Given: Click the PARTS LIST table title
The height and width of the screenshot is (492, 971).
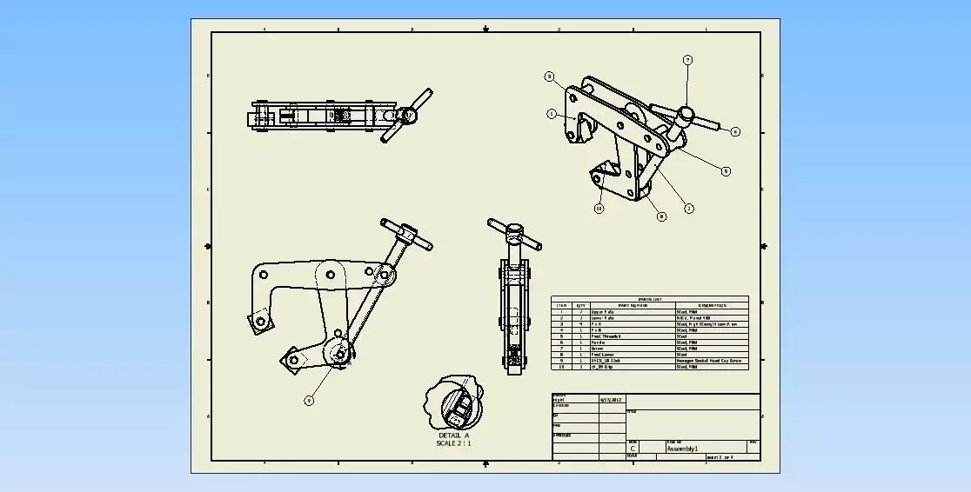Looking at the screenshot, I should click(x=649, y=298).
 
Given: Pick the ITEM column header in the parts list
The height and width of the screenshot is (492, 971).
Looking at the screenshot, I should click(x=561, y=305).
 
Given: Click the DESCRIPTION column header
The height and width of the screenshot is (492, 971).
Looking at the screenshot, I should click(x=711, y=305).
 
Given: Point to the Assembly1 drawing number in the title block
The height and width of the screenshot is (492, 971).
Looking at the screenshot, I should click(x=683, y=449).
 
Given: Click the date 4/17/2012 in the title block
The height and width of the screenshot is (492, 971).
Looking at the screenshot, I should click(x=611, y=400).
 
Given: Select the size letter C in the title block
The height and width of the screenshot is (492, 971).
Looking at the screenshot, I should click(x=633, y=449).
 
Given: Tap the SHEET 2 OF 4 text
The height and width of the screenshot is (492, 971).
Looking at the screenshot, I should click(x=720, y=457).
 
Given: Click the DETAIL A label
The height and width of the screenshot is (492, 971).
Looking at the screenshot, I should click(x=453, y=435).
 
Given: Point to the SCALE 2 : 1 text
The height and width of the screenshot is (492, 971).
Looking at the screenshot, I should click(x=453, y=443).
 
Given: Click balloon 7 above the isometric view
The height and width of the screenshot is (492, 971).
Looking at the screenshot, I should click(x=687, y=60).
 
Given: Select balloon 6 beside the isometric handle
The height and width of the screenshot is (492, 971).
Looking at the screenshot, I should click(x=735, y=131).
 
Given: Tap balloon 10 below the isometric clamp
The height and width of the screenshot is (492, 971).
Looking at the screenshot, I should click(x=599, y=208).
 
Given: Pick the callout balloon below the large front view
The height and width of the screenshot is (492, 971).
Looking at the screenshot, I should click(x=308, y=401).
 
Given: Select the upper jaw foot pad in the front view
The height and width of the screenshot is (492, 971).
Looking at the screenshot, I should click(x=258, y=323).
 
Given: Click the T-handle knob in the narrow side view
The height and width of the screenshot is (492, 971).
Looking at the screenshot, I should click(x=515, y=233).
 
